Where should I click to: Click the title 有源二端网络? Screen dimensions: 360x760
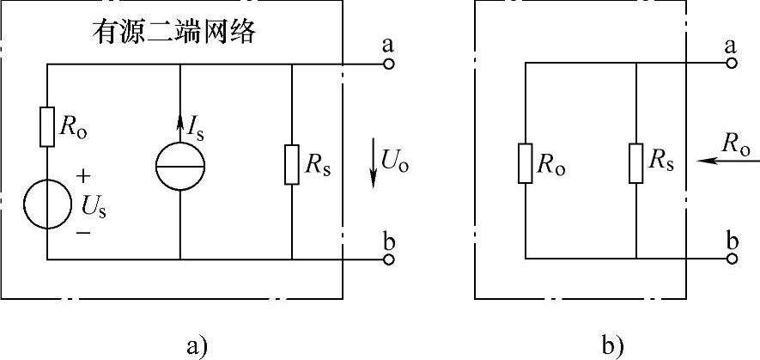tap(176, 35)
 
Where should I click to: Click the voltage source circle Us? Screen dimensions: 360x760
tap(48, 204)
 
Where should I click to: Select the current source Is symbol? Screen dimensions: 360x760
tap(180, 166)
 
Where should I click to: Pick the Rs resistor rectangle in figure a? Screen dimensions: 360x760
tap(292, 166)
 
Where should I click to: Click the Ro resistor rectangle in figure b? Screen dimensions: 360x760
tap(526, 163)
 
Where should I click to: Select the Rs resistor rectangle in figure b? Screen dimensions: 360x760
tap(636, 163)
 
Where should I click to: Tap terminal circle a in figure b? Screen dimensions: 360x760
tap(732, 64)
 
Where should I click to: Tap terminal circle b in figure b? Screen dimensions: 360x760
tap(732, 259)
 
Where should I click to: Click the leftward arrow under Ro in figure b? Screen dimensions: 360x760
tap(714, 160)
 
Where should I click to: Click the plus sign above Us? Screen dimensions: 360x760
tap(82, 176)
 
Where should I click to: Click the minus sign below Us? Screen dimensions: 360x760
tap(82, 232)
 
